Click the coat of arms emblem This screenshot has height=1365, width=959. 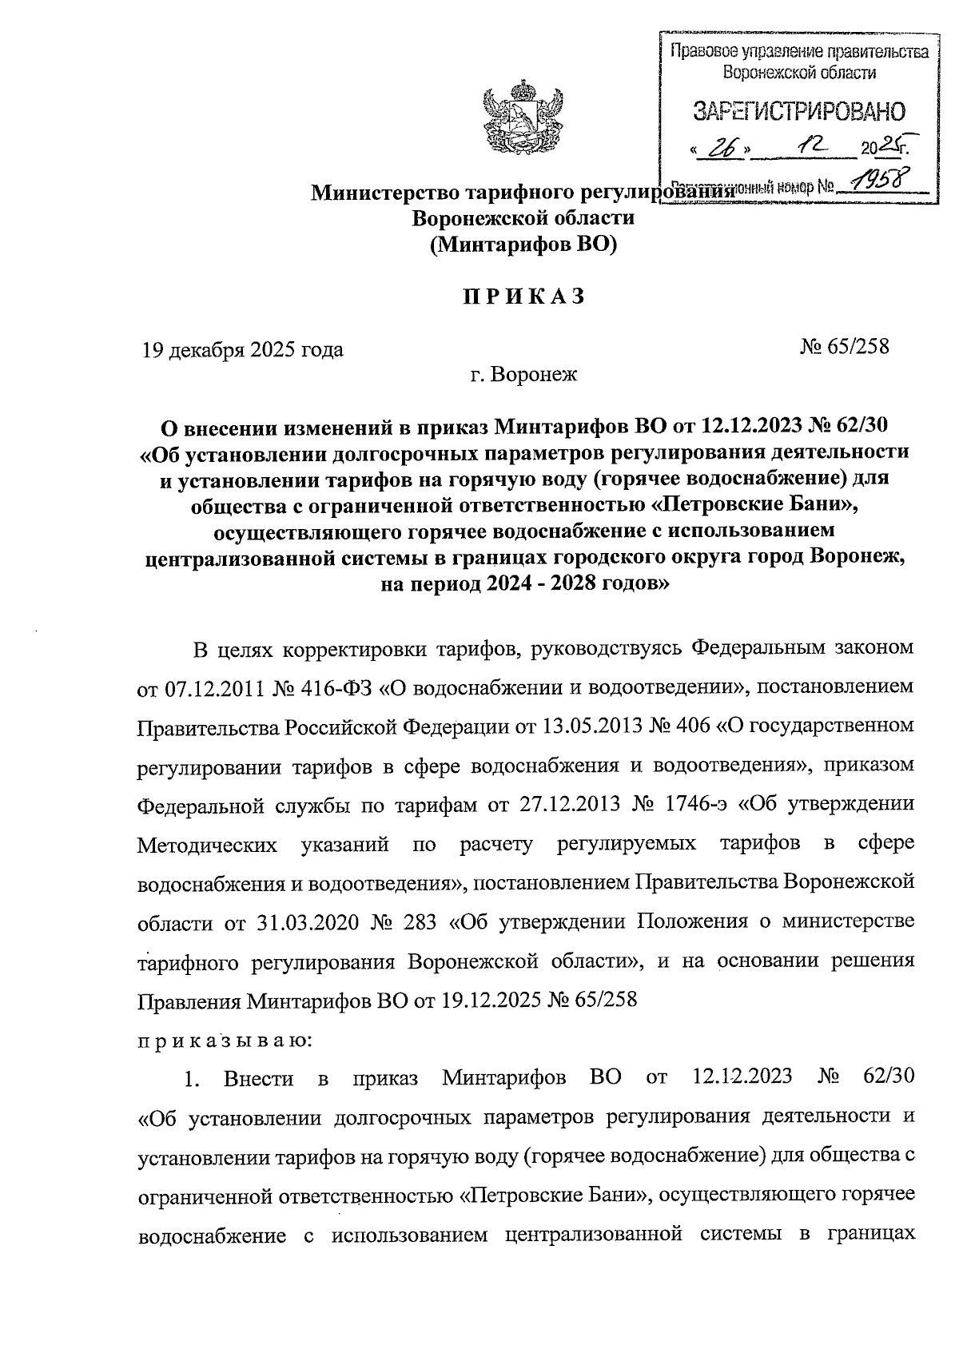point(519,118)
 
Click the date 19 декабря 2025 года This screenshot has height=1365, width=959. point(243,349)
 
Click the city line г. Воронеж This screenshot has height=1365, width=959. point(523,373)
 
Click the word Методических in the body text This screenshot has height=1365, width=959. point(209,844)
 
